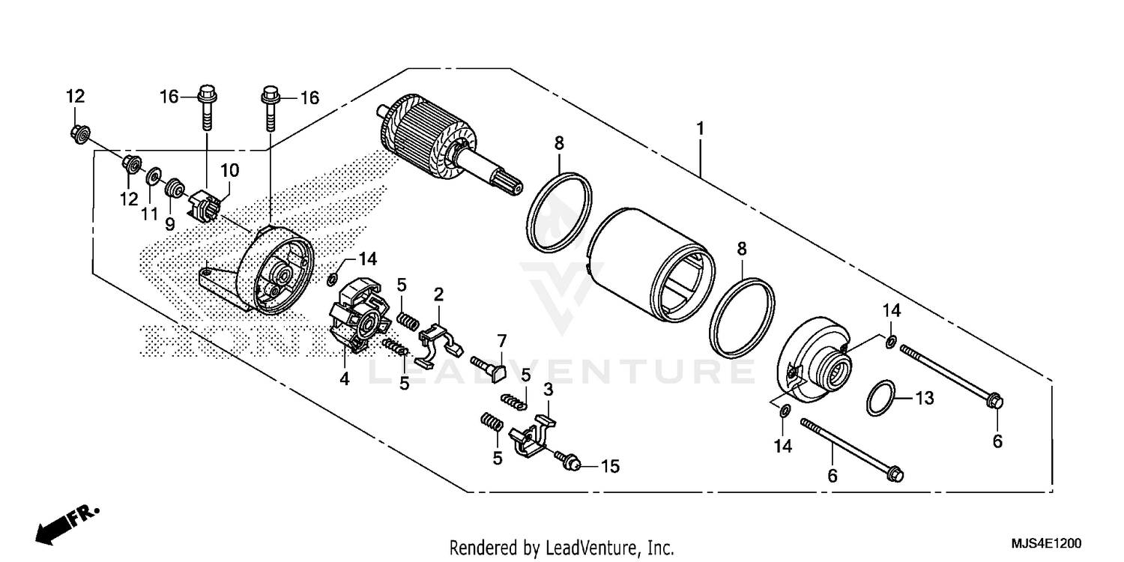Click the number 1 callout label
point(699,129)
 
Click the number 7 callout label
point(502,340)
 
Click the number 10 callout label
point(229,171)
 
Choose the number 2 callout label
point(439,294)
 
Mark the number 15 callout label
point(610,466)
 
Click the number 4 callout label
point(344,379)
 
